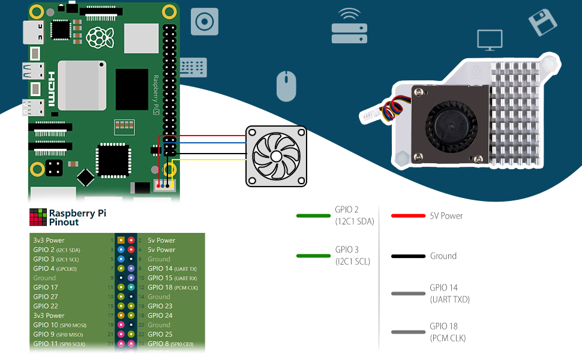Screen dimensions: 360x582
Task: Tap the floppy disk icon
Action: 542,22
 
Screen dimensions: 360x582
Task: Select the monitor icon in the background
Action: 490,40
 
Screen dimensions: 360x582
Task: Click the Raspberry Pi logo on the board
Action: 99,37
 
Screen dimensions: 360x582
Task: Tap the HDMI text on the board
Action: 52,89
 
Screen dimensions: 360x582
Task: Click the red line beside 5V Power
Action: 408,216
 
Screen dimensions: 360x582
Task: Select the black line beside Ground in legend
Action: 408,256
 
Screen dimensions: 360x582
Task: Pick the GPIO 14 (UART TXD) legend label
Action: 449,293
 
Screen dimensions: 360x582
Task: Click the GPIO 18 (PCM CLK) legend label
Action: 448,332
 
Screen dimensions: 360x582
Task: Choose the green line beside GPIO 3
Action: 313,256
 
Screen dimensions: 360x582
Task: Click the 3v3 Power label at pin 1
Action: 49,241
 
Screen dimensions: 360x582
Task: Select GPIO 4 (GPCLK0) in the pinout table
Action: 57,269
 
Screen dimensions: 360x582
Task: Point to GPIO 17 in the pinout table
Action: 46,287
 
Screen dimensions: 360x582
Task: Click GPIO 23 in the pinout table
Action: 160,306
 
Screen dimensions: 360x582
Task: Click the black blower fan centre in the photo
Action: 451,127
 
